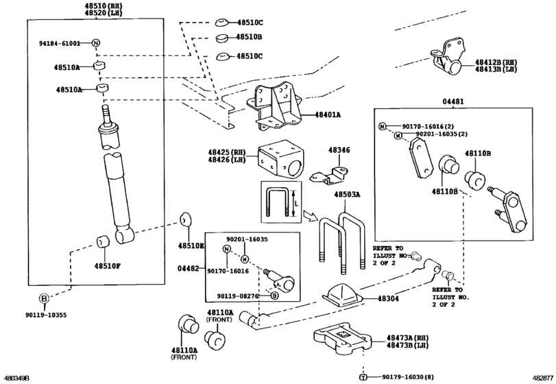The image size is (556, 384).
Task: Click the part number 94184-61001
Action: [x=60, y=43]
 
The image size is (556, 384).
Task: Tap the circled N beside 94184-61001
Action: [x=96, y=43]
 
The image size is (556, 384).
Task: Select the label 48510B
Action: [x=250, y=37]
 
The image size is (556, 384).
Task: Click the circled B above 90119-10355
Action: [x=44, y=299]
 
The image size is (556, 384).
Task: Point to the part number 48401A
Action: [x=327, y=115]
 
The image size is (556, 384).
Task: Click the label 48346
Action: [x=339, y=150]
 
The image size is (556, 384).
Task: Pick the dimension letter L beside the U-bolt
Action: [x=297, y=204]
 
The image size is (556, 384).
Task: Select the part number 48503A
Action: [x=347, y=195]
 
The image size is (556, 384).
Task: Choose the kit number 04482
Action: [x=189, y=268]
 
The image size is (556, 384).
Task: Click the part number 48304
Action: [x=388, y=298]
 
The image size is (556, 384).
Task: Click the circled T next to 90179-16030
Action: [x=363, y=377]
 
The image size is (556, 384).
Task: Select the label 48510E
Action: [x=191, y=245]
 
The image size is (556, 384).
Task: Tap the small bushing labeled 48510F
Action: [x=103, y=241]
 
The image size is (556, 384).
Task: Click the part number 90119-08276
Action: [x=238, y=296]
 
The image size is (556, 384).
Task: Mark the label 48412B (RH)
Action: [x=496, y=62]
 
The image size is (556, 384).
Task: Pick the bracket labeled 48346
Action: [x=329, y=176]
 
